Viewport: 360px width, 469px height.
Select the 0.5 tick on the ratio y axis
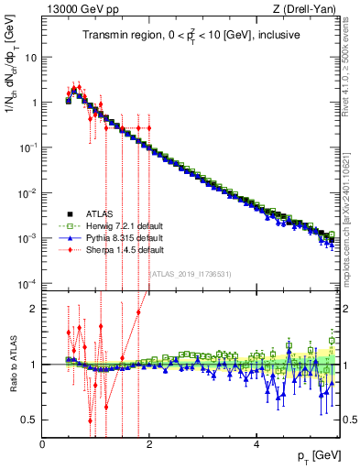[x=30, y=420]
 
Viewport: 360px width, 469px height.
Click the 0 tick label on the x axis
[x=43, y=444]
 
